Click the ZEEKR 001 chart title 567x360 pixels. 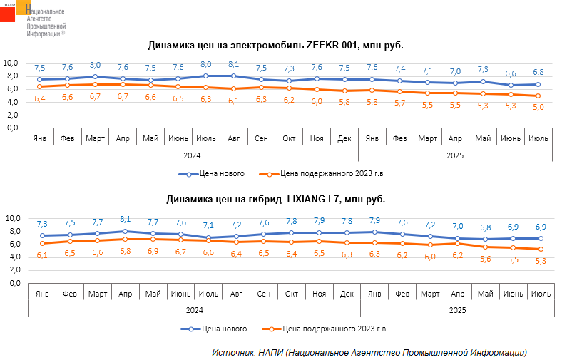point(276,45)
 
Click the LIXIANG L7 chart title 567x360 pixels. point(276,200)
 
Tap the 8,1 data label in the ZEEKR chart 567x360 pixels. point(233,64)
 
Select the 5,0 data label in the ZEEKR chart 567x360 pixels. point(539,107)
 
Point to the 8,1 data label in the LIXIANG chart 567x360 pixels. point(125,220)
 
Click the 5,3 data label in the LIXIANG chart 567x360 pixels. point(541,260)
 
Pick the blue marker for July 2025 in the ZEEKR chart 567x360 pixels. point(539,84)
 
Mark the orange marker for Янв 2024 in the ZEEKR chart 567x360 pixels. point(40,87)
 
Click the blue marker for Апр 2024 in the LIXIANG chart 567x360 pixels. point(125,231)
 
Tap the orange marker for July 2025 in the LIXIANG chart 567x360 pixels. point(541,249)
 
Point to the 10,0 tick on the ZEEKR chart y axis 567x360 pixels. point(12,63)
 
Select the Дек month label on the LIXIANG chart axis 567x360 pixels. point(347,294)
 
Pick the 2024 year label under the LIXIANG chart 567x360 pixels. point(193,310)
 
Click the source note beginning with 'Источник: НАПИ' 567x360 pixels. point(369,352)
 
